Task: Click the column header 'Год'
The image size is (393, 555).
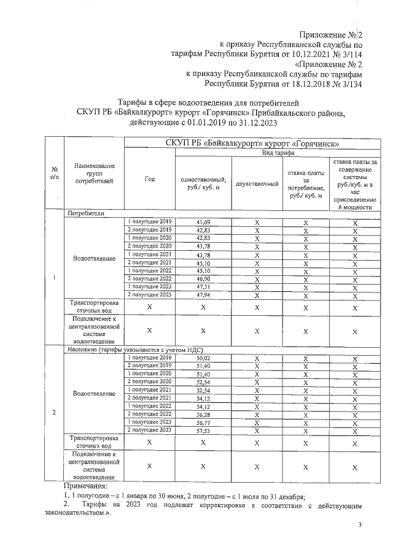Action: pyautogui.click(x=150, y=179)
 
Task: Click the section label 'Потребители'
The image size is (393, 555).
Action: pyautogui.click(x=87, y=213)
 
